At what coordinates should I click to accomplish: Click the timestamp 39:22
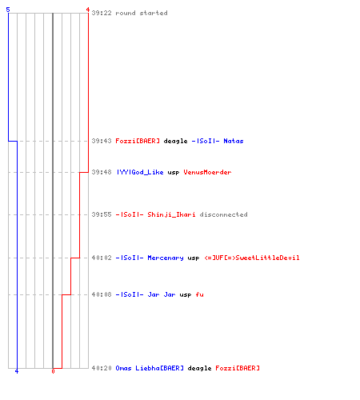[x=102, y=13]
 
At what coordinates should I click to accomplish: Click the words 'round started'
[x=142, y=13]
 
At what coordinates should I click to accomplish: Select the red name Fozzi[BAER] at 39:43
[x=138, y=141]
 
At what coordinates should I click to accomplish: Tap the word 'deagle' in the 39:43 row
[x=175, y=141]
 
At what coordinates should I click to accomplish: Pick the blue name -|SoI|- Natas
[x=218, y=141]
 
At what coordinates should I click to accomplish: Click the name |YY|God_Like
[x=140, y=172]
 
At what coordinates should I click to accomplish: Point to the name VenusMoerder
[x=207, y=172]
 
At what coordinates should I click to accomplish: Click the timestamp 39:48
[x=102, y=172]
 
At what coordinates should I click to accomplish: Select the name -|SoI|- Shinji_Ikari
[x=155, y=214]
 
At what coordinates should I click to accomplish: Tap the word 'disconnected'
[x=223, y=214]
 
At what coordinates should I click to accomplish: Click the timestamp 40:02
[x=102, y=258]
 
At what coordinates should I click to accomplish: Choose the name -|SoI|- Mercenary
[x=150, y=258]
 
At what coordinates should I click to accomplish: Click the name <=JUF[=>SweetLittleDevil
[x=252, y=258]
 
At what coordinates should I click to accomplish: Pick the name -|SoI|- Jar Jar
[x=146, y=294]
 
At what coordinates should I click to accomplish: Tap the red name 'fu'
[x=199, y=294]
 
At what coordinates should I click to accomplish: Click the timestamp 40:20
[x=102, y=368]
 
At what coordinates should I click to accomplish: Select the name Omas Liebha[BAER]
[x=150, y=368]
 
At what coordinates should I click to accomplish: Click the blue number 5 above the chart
[x=8, y=10]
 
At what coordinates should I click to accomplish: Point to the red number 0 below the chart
[x=53, y=371]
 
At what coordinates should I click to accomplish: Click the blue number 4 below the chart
[x=17, y=371]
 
